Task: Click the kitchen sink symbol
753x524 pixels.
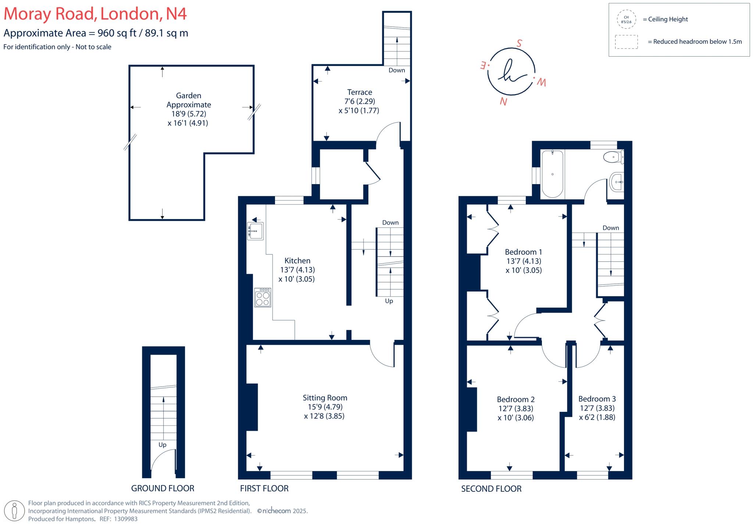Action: pyautogui.click(x=255, y=231)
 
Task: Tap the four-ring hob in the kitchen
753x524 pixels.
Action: pyautogui.click(x=263, y=297)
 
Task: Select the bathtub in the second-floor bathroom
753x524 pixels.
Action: pyautogui.click(x=552, y=174)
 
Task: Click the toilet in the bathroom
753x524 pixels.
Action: pyautogui.click(x=613, y=157)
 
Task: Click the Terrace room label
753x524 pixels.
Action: pyautogui.click(x=359, y=92)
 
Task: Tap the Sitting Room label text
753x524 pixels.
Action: pyautogui.click(x=325, y=398)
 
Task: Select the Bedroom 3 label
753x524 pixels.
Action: pyautogui.click(x=597, y=399)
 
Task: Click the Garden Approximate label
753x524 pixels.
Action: pyautogui.click(x=189, y=100)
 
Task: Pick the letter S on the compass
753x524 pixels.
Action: pyautogui.click(x=519, y=43)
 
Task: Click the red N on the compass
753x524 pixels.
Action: pyautogui.click(x=503, y=101)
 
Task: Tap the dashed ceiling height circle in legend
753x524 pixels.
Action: pyautogui.click(x=626, y=19)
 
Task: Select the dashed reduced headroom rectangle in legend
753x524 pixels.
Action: pyautogui.click(x=626, y=42)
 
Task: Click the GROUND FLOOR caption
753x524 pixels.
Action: pyautogui.click(x=163, y=488)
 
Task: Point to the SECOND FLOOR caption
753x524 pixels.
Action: pyautogui.click(x=491, y=489)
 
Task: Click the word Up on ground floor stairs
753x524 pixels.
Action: pyautogui.click(x=162, y=445)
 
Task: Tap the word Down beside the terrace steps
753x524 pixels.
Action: pyautogui.click(x=396, y=70)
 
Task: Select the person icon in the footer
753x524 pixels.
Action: pyautogui.click(x=15, y=510)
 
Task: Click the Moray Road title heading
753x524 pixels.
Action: pyautogui.click(x=95, y=14)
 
